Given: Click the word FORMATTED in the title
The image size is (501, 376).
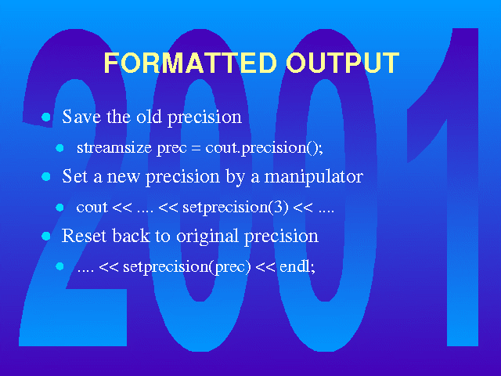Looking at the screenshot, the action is pos(190,63).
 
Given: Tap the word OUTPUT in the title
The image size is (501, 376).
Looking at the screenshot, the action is pos(343,63).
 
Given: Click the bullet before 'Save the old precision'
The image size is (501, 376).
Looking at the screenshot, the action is pos(46,117).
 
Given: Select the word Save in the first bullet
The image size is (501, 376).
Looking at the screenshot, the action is pos(81,116).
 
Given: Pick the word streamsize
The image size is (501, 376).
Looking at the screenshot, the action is pos(114,147).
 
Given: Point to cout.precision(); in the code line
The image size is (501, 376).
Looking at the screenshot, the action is pos(264,148).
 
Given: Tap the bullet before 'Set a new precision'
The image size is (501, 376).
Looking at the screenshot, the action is pos(46,176).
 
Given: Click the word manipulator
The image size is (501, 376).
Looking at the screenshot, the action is pos(314,177).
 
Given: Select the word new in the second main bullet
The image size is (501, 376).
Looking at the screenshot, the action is pos(123,177).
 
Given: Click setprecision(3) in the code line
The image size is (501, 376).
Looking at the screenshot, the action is pos(235,208).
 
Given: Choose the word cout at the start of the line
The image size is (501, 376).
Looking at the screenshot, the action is pos(92,208).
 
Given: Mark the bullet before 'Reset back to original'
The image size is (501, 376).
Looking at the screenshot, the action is pos(46,237).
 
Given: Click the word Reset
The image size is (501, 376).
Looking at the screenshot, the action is pos(84,236).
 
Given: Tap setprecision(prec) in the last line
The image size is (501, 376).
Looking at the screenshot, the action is pos(187,267).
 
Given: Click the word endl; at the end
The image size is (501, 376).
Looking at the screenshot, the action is pos(297,267).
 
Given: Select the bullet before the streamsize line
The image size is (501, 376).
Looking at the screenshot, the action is pos(59,148).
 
